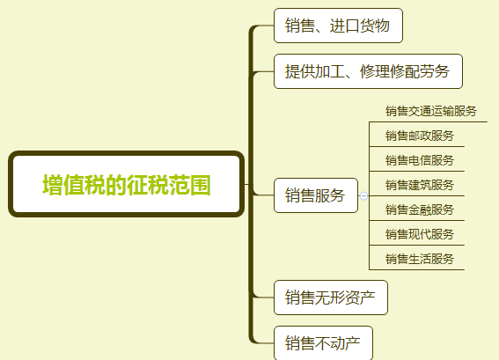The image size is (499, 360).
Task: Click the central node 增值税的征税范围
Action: tap(127, 184)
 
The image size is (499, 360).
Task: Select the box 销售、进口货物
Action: tap(338, 26)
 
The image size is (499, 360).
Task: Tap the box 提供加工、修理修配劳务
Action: tap(368, 71)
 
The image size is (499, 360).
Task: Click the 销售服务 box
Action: tap(316, 195)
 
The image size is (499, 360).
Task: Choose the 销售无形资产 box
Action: tap(331, 298)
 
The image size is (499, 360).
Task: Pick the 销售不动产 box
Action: tap(323, 343)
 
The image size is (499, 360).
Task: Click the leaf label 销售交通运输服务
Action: tap(431, 111)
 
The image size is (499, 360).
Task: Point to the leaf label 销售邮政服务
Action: tap(420, 136)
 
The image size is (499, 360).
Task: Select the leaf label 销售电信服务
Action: tap(420, 160)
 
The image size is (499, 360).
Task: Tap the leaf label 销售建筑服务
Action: tap(420, 185)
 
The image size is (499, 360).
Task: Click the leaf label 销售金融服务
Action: tap(420, 209)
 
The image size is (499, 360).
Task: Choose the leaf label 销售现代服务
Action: tap(420, 234)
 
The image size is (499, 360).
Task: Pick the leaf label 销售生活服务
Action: tap(420, 259)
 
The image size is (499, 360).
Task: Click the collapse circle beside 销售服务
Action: tap(363, 195)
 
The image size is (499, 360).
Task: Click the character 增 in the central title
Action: tap(53, 185)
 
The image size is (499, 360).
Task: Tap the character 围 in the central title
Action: tap(200, 185)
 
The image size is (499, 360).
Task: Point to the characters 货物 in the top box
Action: tap(375, 26)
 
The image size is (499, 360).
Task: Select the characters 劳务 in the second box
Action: tap(435, 71)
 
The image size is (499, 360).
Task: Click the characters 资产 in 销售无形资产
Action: tap(360, 298)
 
